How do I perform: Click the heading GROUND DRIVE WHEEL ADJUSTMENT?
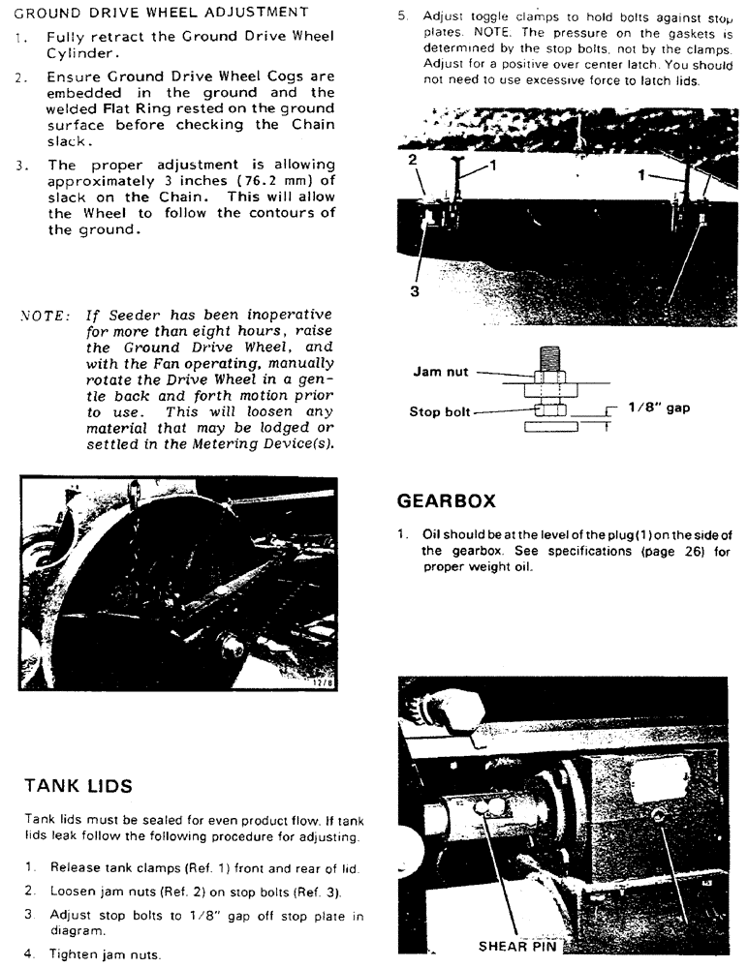click(x=162, y=12)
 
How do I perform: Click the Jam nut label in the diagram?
click(x=441, y=371)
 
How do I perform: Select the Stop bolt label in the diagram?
click(x=440, y=411)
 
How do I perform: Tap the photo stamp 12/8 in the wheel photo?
click(x=321, y=681)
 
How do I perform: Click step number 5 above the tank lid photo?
click(x=403, y=15)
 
